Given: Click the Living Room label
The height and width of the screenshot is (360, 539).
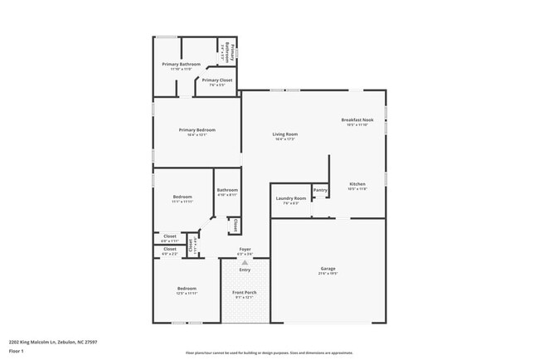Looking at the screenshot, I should pos(285,134).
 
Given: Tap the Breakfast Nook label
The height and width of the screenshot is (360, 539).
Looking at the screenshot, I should pos(357,120).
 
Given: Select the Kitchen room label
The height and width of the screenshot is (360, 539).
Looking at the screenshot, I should pos(357,184).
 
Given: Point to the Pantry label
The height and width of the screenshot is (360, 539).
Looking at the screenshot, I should pos(320,190).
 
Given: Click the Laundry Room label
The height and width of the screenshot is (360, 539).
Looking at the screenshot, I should pos(290,198).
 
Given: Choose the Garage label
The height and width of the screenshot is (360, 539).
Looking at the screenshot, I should pos(328,269).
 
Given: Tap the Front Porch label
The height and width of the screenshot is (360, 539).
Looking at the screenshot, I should pos(245,293).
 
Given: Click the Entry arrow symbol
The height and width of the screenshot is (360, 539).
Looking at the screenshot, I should pos(245,262).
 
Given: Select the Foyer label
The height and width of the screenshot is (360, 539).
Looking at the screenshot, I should pos(245,249).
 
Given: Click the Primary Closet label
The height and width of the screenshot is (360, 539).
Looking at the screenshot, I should pos(217,80).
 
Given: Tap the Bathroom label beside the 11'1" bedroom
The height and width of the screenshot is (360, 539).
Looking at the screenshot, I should pos(227,191).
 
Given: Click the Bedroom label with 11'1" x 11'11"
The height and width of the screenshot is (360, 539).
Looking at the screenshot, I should pos(182,197).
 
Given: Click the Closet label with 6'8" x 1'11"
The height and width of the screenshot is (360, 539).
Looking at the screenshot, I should pos(169,236).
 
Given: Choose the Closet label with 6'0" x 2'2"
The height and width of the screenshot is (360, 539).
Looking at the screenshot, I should pos(169,249).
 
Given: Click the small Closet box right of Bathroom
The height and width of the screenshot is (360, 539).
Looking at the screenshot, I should pos(235,226).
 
